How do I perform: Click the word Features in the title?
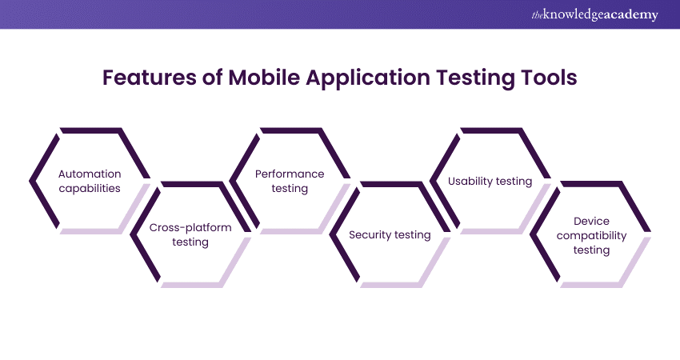tap(149, 78)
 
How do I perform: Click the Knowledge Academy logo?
tap(594, 14)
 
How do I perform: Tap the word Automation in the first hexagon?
tap(90, 174)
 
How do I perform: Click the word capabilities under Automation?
tap(90, 189)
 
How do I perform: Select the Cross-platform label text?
tap(190, 228)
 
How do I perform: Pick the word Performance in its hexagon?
tap(290, 174)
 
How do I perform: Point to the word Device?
tap(591, 222)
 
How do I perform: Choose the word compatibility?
tap(591, 236)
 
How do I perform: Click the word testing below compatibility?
tap(591, 250)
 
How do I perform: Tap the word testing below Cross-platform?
tap(190, 242)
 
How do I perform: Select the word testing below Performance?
tap(290, 189)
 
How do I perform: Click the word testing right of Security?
tap(413, 235)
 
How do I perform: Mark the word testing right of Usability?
tap(514, 182)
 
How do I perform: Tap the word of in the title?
tap(213, 78)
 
